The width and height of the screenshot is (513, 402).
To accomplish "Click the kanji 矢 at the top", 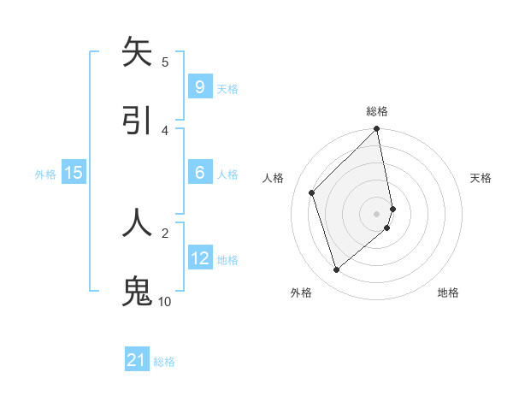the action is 138,52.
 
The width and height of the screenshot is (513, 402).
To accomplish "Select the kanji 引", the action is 138,121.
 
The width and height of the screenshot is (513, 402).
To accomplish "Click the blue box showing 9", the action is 199,86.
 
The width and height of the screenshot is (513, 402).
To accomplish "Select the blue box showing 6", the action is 199,173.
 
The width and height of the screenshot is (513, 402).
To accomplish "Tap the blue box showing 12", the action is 199,257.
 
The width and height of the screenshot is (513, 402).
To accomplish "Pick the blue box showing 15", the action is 74,173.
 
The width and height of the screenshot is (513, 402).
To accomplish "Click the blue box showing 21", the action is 137,360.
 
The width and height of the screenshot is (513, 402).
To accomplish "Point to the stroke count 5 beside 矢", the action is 165,62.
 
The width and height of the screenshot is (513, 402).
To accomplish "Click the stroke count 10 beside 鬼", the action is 164,301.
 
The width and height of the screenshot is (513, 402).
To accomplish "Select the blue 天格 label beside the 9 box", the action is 227,88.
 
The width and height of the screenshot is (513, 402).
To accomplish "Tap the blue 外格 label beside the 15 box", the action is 45,174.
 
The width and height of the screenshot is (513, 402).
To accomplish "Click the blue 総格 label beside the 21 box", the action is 164,362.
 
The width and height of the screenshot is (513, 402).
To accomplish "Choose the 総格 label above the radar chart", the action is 377,111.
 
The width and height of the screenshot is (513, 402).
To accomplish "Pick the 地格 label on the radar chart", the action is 448,293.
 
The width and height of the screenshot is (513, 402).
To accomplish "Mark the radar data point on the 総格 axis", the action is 377,129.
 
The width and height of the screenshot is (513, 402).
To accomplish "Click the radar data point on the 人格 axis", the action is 312,192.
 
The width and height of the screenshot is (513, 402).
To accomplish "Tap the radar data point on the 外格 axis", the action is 336,270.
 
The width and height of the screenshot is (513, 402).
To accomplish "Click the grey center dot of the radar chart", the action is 377,213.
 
